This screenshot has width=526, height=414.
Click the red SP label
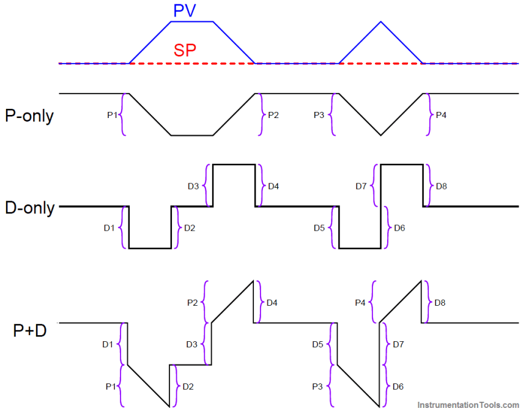pos(185,51)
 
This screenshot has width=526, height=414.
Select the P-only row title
pos(29,116)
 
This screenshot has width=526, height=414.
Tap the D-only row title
pos(29,207)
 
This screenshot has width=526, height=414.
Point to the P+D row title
pos(30,331)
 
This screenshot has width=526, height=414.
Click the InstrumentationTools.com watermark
pos(469,405)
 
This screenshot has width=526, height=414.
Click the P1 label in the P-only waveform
pos(112,114)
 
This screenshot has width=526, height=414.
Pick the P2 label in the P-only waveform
pos(273,114)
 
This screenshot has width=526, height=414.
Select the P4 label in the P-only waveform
pos(440,114)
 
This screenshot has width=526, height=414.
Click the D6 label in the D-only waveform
pos(399,228)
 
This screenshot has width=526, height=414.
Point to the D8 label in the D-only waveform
pos(440,186)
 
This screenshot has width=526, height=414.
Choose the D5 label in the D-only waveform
pos(319,228)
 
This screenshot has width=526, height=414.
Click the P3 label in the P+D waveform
pos(317,386)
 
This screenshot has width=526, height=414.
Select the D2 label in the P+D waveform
pos(189,386)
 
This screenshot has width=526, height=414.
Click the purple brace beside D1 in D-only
pos(124,227)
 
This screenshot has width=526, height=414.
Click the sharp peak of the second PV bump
pos(380,22)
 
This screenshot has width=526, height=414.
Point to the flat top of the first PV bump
pos(191,22)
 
